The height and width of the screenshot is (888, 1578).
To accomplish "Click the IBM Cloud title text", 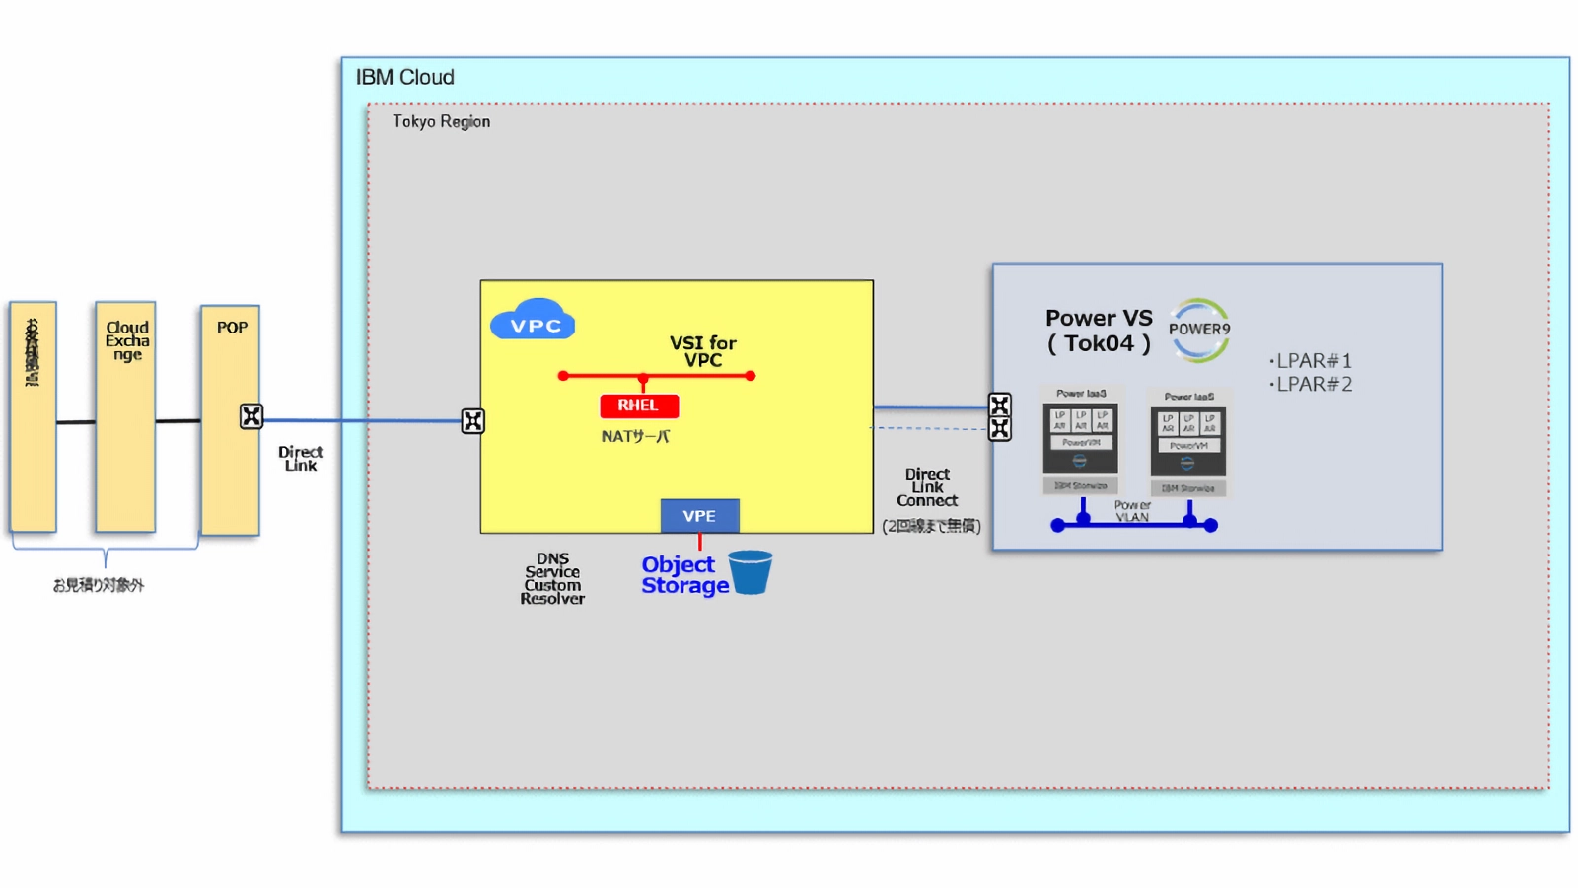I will tap(404, 77).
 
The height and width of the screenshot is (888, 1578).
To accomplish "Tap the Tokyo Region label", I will tap(441, 121).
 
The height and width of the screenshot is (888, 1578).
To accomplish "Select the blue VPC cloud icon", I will tap(533, 321).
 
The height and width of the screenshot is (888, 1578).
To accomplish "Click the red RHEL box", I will tap(638, 406).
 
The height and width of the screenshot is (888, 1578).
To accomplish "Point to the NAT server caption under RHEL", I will tap(635, 436).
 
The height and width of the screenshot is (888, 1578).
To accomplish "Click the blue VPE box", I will tap(699, 516).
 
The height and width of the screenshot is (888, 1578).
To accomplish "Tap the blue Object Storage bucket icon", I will tap(751, 572).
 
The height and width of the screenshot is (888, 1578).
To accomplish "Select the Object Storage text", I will tap(682, 575).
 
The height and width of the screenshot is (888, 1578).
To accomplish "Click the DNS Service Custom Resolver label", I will tap(552, 578).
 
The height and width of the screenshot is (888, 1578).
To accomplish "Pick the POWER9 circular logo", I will tap(1199, 330).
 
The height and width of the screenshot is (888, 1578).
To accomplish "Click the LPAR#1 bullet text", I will tap(1312, 361).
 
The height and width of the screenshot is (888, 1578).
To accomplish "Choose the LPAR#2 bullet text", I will tap(1312, 384).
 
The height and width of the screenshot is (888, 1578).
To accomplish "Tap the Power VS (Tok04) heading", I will tap(1098, 331).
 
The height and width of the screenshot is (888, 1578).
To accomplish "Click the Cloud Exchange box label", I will tap(127, 340).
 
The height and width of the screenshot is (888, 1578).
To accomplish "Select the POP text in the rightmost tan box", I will tap(232, 328).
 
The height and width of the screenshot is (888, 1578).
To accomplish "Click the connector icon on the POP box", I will tap(251, 416).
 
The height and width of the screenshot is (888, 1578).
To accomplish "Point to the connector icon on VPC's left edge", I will tap(473, 421).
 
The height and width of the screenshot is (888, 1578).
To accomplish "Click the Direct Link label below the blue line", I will tap(300, 458).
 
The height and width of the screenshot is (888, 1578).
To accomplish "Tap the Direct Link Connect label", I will tap(927, 487).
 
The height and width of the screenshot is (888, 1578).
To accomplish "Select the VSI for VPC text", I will tap(702, 351).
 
